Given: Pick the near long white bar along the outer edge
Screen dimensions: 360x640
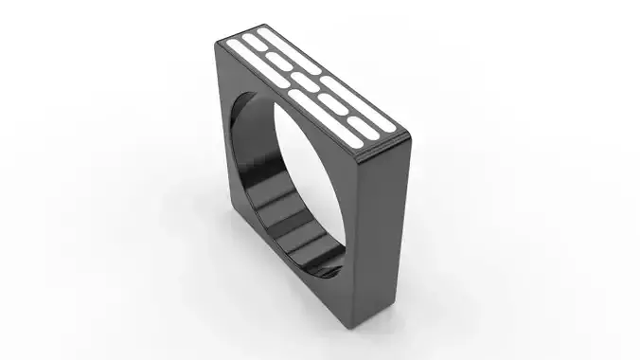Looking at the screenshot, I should [365, 111].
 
